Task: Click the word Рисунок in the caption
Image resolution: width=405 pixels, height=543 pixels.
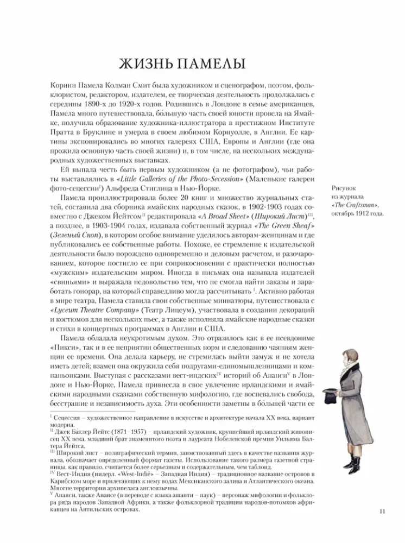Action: point(344,188)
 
